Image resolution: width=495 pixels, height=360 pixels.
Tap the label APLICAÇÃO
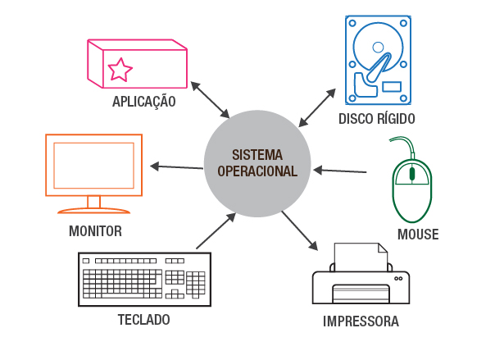click(144, 103)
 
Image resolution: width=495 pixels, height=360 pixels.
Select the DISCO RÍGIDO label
click(377, 119)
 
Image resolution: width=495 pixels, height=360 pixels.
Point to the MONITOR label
click(95, 231)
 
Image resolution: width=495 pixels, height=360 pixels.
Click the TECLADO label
click(144, 319)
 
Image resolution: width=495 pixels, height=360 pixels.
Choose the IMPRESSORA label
click(361, 321)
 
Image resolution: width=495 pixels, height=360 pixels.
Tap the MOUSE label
click(418, 235)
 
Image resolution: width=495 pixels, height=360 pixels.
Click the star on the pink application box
click(120, 70)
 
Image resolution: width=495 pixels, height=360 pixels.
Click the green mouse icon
click(412, 186)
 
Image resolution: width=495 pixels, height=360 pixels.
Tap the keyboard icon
click(144, 279)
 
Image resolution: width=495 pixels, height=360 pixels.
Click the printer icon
click(361, 279)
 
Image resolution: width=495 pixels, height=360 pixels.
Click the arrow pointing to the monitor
click(177, 167)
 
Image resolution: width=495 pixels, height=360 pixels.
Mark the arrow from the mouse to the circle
click(340, 171)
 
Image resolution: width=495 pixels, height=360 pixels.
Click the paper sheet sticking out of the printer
click(361, 256)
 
